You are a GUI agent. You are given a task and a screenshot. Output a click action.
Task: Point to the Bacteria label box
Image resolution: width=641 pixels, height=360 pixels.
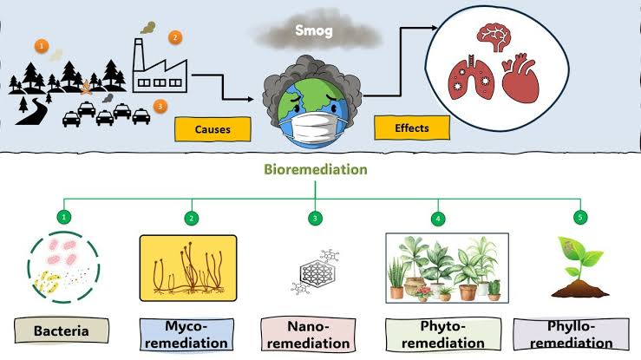(64, 331)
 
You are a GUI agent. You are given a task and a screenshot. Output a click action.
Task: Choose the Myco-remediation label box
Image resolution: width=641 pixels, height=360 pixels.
(187, 332)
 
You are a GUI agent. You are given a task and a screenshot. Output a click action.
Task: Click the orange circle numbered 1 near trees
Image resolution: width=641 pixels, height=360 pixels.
(42, 45)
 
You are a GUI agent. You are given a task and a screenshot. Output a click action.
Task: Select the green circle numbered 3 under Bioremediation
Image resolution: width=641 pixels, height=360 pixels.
(316, 217)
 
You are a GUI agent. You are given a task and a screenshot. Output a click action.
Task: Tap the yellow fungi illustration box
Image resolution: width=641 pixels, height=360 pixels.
(188, 267)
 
